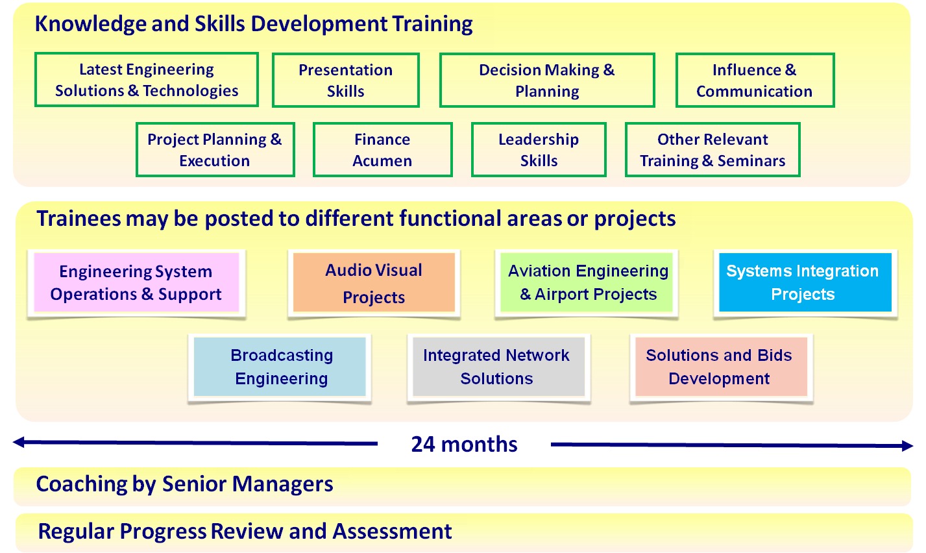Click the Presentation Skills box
tap(346, 80)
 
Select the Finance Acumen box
tap(382, 150)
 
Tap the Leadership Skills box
tap(539, 150)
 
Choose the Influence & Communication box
tap(755, 80)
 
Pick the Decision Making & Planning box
tap(547, 80)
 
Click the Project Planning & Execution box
tap(215, 150)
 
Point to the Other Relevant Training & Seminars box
tap(713, 150)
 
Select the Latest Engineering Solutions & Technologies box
tap(147, 79)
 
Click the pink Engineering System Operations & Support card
tap(136, 282)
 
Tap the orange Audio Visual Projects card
tap(374, 282)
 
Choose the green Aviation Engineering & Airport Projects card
tap(587, 282)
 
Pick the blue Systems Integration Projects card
tap(805, 282)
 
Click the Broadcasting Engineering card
tap(280, 367)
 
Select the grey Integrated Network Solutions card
tap(498, 367)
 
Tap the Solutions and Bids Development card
tap(721, 367)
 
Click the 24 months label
tap(464, 445)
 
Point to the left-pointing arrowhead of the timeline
tap(19, 442)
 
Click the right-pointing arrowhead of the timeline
tap(907, 445)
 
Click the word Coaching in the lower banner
tap(81, 484)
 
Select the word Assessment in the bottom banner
tap(393, 531)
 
